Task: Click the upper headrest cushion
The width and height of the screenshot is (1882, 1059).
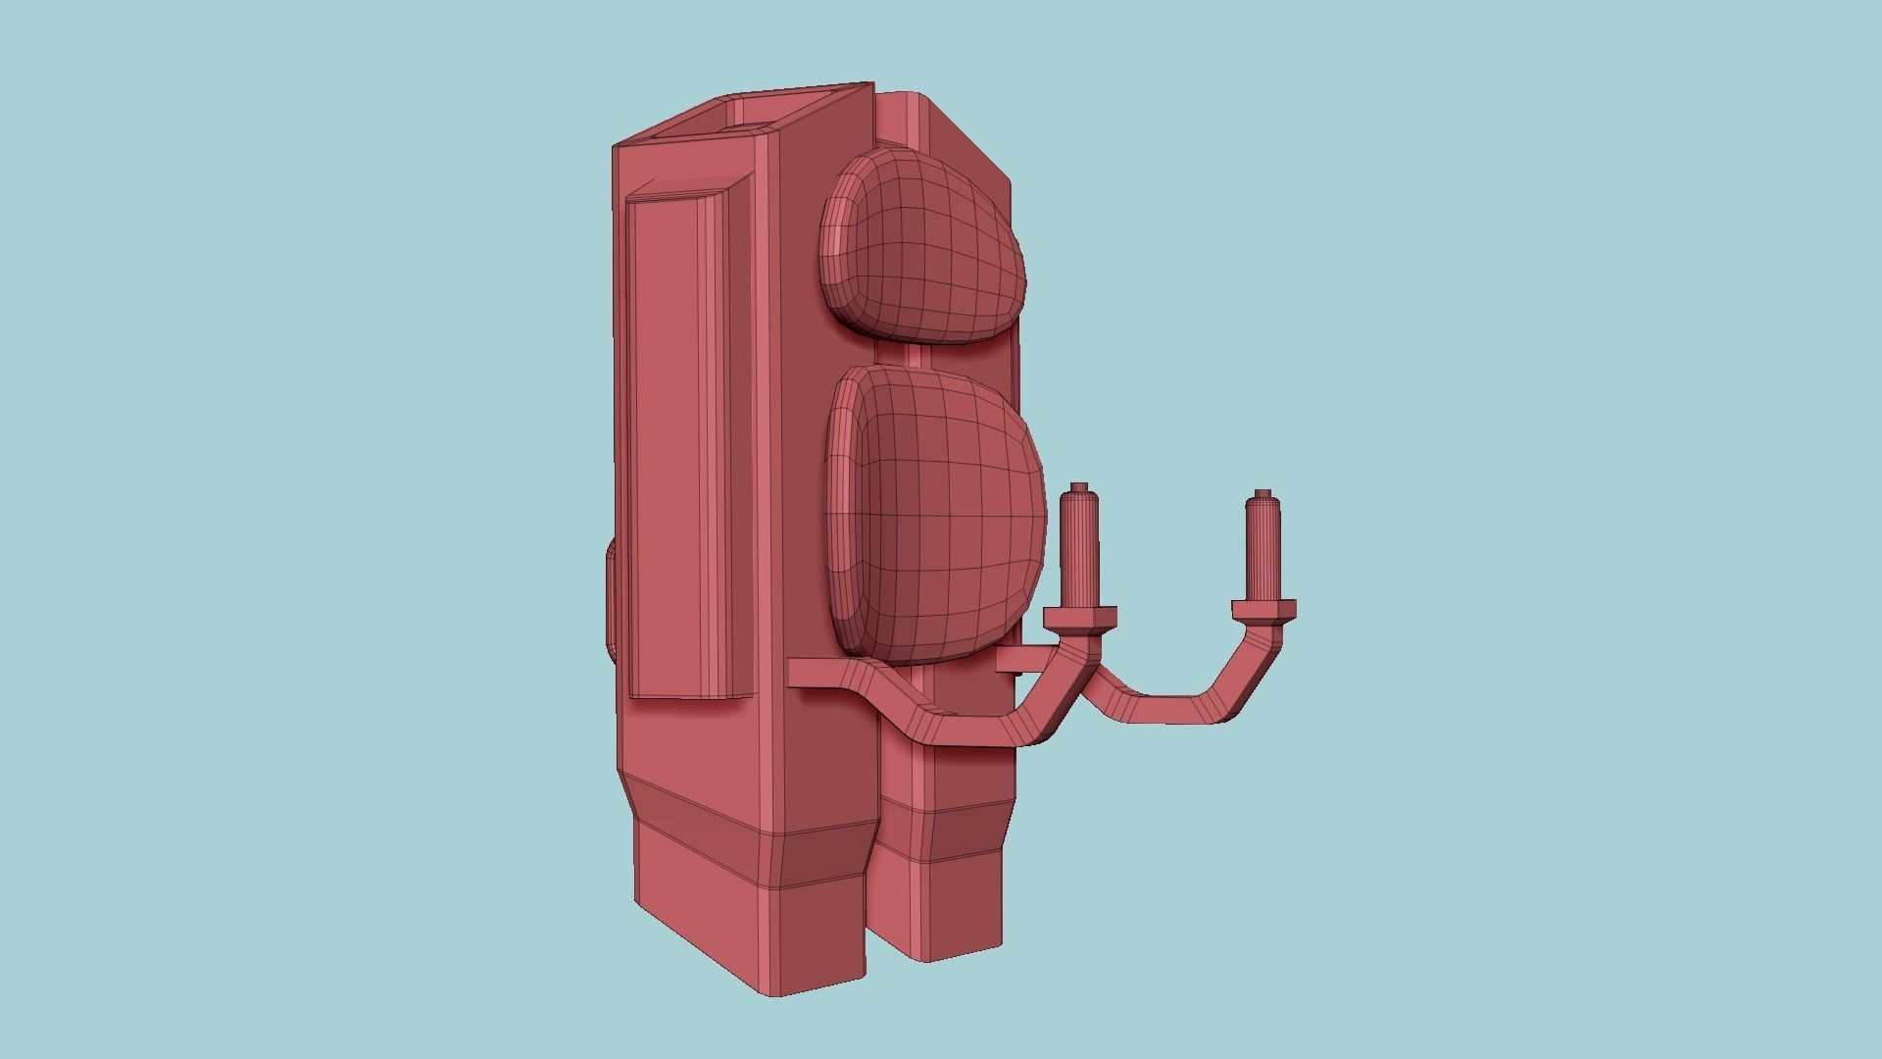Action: pos(921,250)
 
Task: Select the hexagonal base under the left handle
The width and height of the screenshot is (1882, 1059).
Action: pos(1079,619)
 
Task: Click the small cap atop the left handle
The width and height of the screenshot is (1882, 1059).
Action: pos(1079,487)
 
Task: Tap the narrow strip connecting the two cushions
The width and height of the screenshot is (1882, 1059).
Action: pos(914,354)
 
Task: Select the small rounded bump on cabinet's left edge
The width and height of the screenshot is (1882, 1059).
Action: pos(610,598)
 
